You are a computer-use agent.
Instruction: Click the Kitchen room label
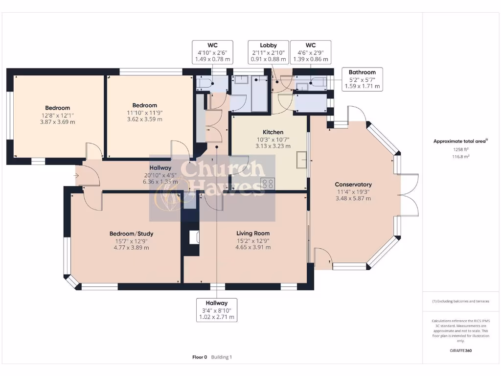[x=273, y=132]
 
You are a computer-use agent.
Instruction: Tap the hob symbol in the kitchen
[x=268, y=184]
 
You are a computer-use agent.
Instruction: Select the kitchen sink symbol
[x=302, y=160]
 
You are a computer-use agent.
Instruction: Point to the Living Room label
[x=252, y=234]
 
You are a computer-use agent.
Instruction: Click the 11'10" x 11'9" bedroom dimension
[x=144, y=112]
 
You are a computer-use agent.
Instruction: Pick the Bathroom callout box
[x=362, y=79]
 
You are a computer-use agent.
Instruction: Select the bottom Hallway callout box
[x=216, y=310]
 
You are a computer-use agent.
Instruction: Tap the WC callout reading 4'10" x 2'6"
[x=212, y=52]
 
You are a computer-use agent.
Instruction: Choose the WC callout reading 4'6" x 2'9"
[x=311, y=52]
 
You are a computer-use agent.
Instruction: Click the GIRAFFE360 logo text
[x=460, y=351]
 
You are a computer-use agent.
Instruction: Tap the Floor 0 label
[x=200, y=357]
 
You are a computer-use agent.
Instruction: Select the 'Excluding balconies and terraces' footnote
[x=460, y=302]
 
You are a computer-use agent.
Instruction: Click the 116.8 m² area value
[x=460, y=157]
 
